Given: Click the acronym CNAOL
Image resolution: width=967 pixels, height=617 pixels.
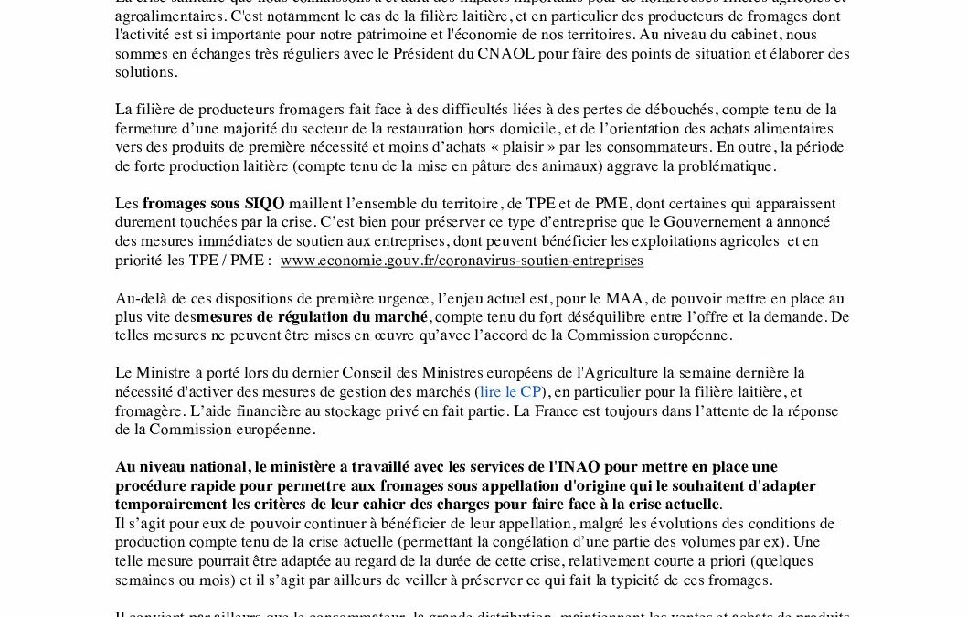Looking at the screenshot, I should click(503, 53).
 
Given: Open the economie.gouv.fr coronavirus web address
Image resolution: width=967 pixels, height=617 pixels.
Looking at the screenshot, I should click(462, 261).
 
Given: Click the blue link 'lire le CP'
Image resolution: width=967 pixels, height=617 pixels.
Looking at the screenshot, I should click(511, 391).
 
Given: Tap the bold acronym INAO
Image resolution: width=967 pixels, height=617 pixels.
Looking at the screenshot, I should click(579, 467).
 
